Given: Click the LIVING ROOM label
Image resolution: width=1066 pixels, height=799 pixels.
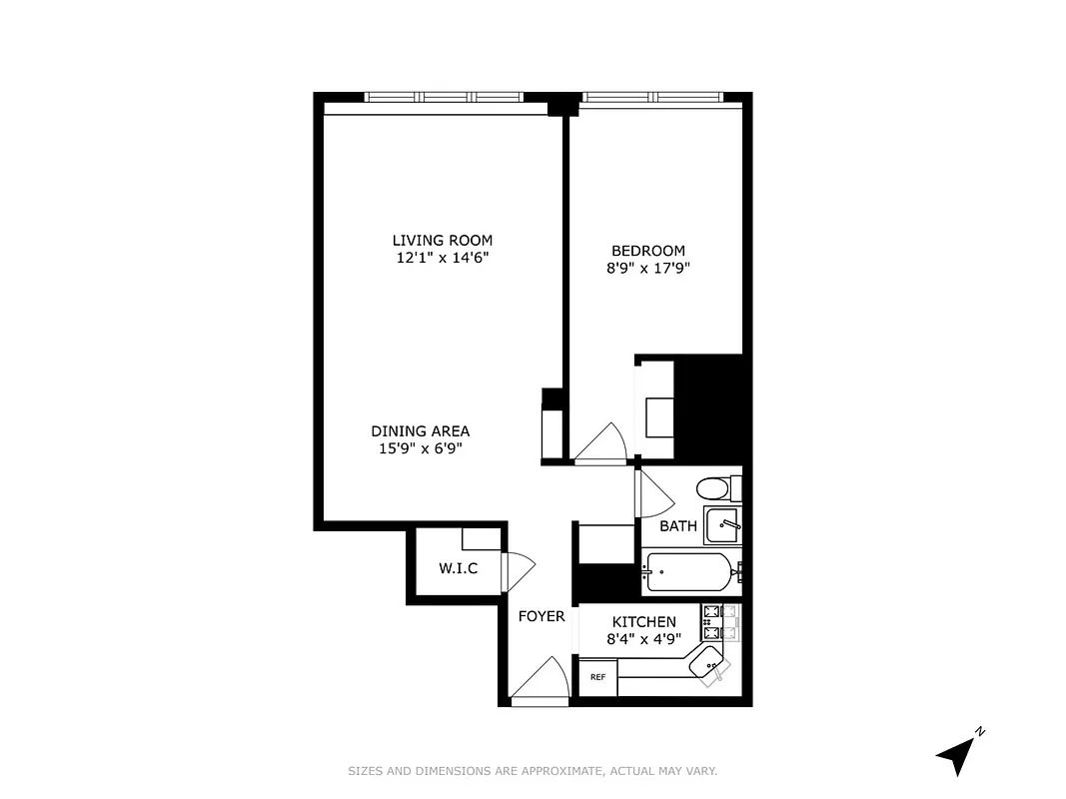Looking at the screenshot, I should pos(442,240).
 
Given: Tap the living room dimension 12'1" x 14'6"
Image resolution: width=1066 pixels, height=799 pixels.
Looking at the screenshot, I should pos(442,257).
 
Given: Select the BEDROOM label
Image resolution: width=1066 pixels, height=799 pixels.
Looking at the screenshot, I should pos(648,251).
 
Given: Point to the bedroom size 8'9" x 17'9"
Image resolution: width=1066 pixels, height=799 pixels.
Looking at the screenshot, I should pos(648,268).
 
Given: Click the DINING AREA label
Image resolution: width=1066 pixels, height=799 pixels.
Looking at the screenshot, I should pos(420,431).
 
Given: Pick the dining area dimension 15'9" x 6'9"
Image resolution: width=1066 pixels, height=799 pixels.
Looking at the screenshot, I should pos(420,448).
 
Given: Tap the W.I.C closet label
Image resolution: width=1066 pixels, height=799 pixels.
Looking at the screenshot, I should pos(458,569).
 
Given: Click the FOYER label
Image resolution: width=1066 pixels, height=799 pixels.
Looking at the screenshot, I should pos(540,616).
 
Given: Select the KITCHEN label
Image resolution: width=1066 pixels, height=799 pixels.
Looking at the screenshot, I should pos(643,622).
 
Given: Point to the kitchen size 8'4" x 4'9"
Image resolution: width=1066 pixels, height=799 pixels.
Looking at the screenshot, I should pos(643,638).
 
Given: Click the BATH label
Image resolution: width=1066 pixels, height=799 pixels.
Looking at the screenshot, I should pos(677,526).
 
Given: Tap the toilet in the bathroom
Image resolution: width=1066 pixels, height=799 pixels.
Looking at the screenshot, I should pos(713,488).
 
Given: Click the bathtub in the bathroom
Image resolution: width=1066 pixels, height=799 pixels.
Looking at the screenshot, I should pos(688,572).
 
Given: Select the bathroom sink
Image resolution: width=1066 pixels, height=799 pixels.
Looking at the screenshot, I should pos(723,523).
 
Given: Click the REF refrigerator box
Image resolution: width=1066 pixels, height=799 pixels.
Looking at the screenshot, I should pos(597,677).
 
